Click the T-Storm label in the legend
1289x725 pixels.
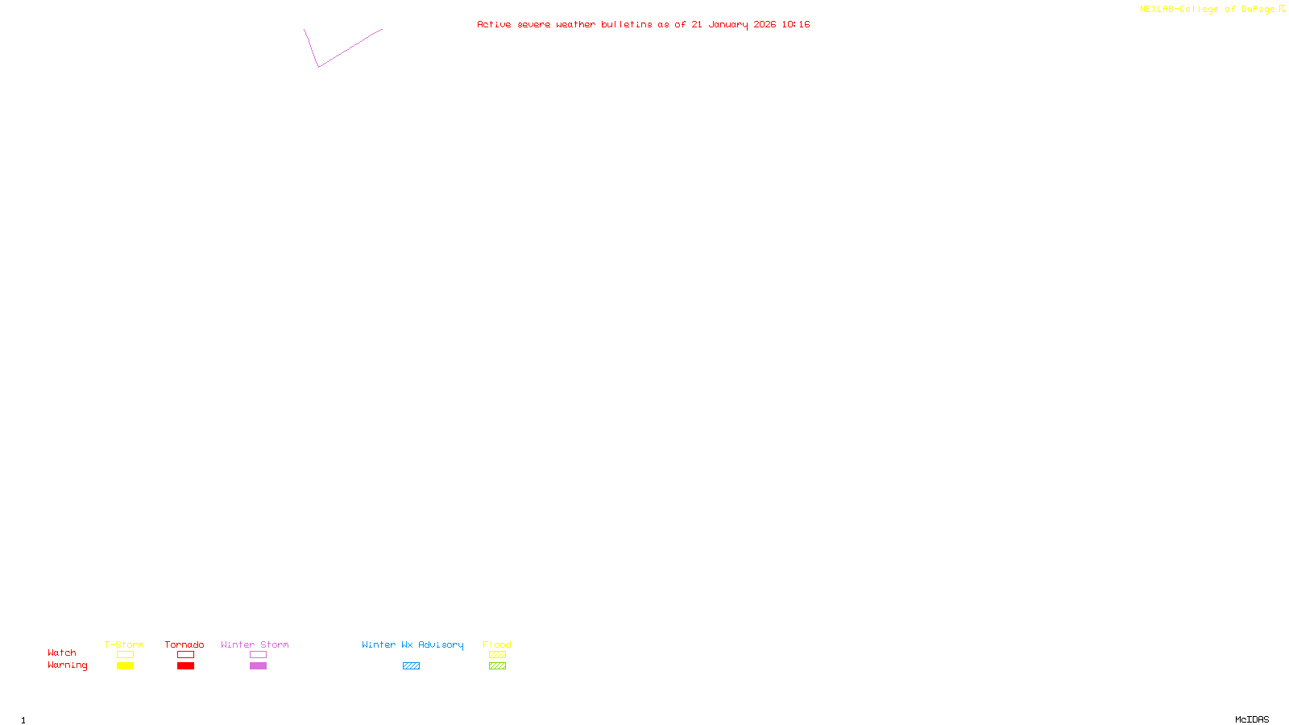point(124,644)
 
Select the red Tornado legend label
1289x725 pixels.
point(184,644)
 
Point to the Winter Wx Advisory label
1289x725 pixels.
point(412,644)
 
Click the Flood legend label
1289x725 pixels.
point(497,644)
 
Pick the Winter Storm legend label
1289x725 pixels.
point(255,644)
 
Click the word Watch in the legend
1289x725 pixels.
point(62,652)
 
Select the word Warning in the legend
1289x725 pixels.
point(67,665)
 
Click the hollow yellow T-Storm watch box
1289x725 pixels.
point(125,655)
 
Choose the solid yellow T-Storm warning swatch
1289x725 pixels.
point(125,666)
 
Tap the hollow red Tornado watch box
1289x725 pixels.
point(185,655)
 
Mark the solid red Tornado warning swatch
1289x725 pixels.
point(185,666)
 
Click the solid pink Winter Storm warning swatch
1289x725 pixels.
point(258,666)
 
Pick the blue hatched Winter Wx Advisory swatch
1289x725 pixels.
point(411,666)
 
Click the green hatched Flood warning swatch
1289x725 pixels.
point(497,666)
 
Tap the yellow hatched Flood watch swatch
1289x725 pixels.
point(497,655)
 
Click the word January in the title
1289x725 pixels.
point(728,24)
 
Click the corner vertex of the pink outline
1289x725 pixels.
point(319,67)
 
